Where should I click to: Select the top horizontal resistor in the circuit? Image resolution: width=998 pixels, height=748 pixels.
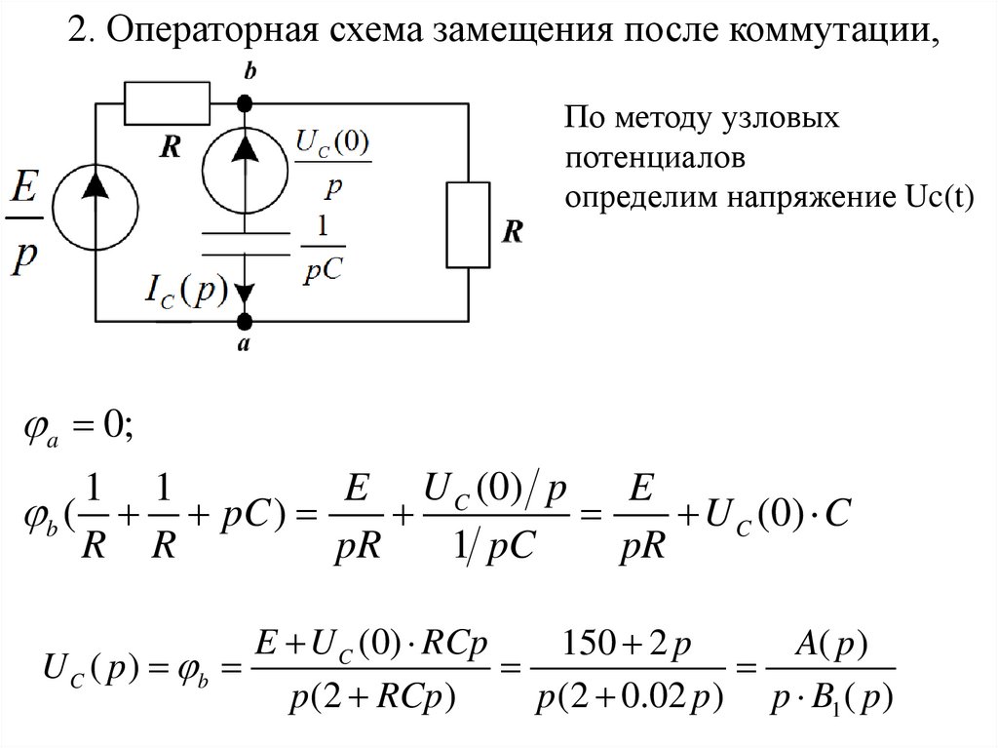(168, 101)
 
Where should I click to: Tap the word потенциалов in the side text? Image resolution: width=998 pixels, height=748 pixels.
(646, 158)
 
